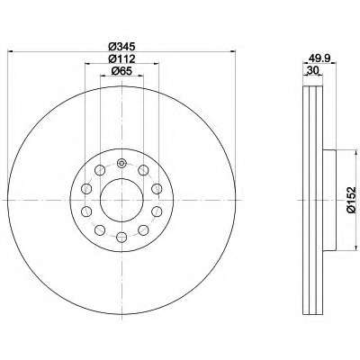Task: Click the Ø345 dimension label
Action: [x=121, y=47]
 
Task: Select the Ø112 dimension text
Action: [x=121, y=58]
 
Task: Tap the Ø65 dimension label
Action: [x=121, y=71]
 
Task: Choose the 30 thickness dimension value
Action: [x=312, y=71]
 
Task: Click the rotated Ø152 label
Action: [x=351, y=200]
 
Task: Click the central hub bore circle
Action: [x=121, y=200]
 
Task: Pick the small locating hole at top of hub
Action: [x=121, y=164]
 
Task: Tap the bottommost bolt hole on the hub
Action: [x=121, y=237]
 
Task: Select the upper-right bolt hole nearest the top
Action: [x=143, y=170]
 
